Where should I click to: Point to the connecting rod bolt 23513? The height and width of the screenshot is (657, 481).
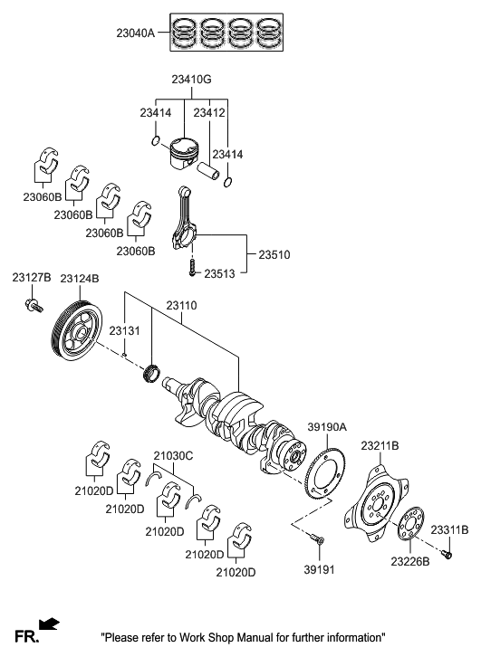[x=191, y=267]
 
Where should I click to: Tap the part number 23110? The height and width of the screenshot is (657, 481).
[x=181, y=307]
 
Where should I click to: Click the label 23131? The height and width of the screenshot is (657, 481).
[x=125, y=333]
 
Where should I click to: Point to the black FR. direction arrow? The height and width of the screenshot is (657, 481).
[x=49, y=624]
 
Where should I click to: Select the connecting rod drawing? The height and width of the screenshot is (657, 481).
[x=191, y=223]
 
